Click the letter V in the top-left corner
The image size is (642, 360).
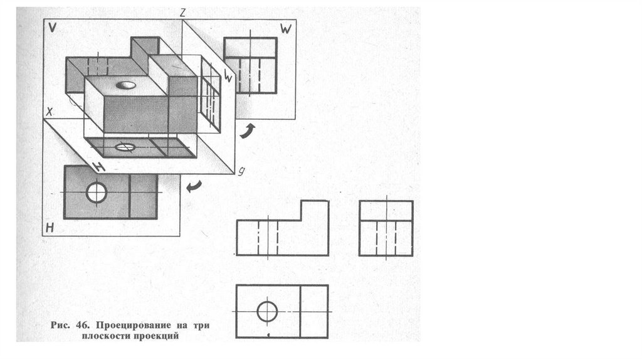[52, 28]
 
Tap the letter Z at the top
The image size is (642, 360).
[182, 13]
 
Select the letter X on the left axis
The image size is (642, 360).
[50, 112]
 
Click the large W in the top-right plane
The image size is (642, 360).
[286, 28]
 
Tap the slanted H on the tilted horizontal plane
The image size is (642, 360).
[97, 167]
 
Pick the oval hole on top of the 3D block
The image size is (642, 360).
[126, 85]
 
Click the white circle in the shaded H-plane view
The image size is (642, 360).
[97, 193]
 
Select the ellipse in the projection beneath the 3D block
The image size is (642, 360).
[125, 148]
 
